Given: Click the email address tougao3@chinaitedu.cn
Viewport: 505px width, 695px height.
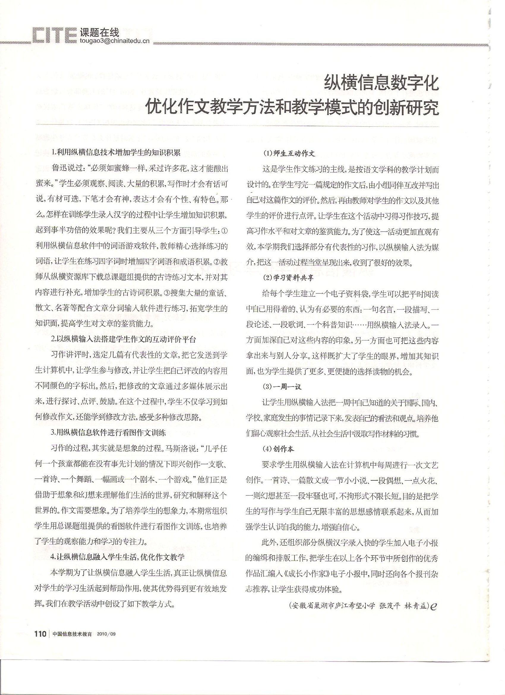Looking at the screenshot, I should point(114,41).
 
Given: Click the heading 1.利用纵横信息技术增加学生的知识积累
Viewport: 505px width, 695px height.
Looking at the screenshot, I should point(116,152).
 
